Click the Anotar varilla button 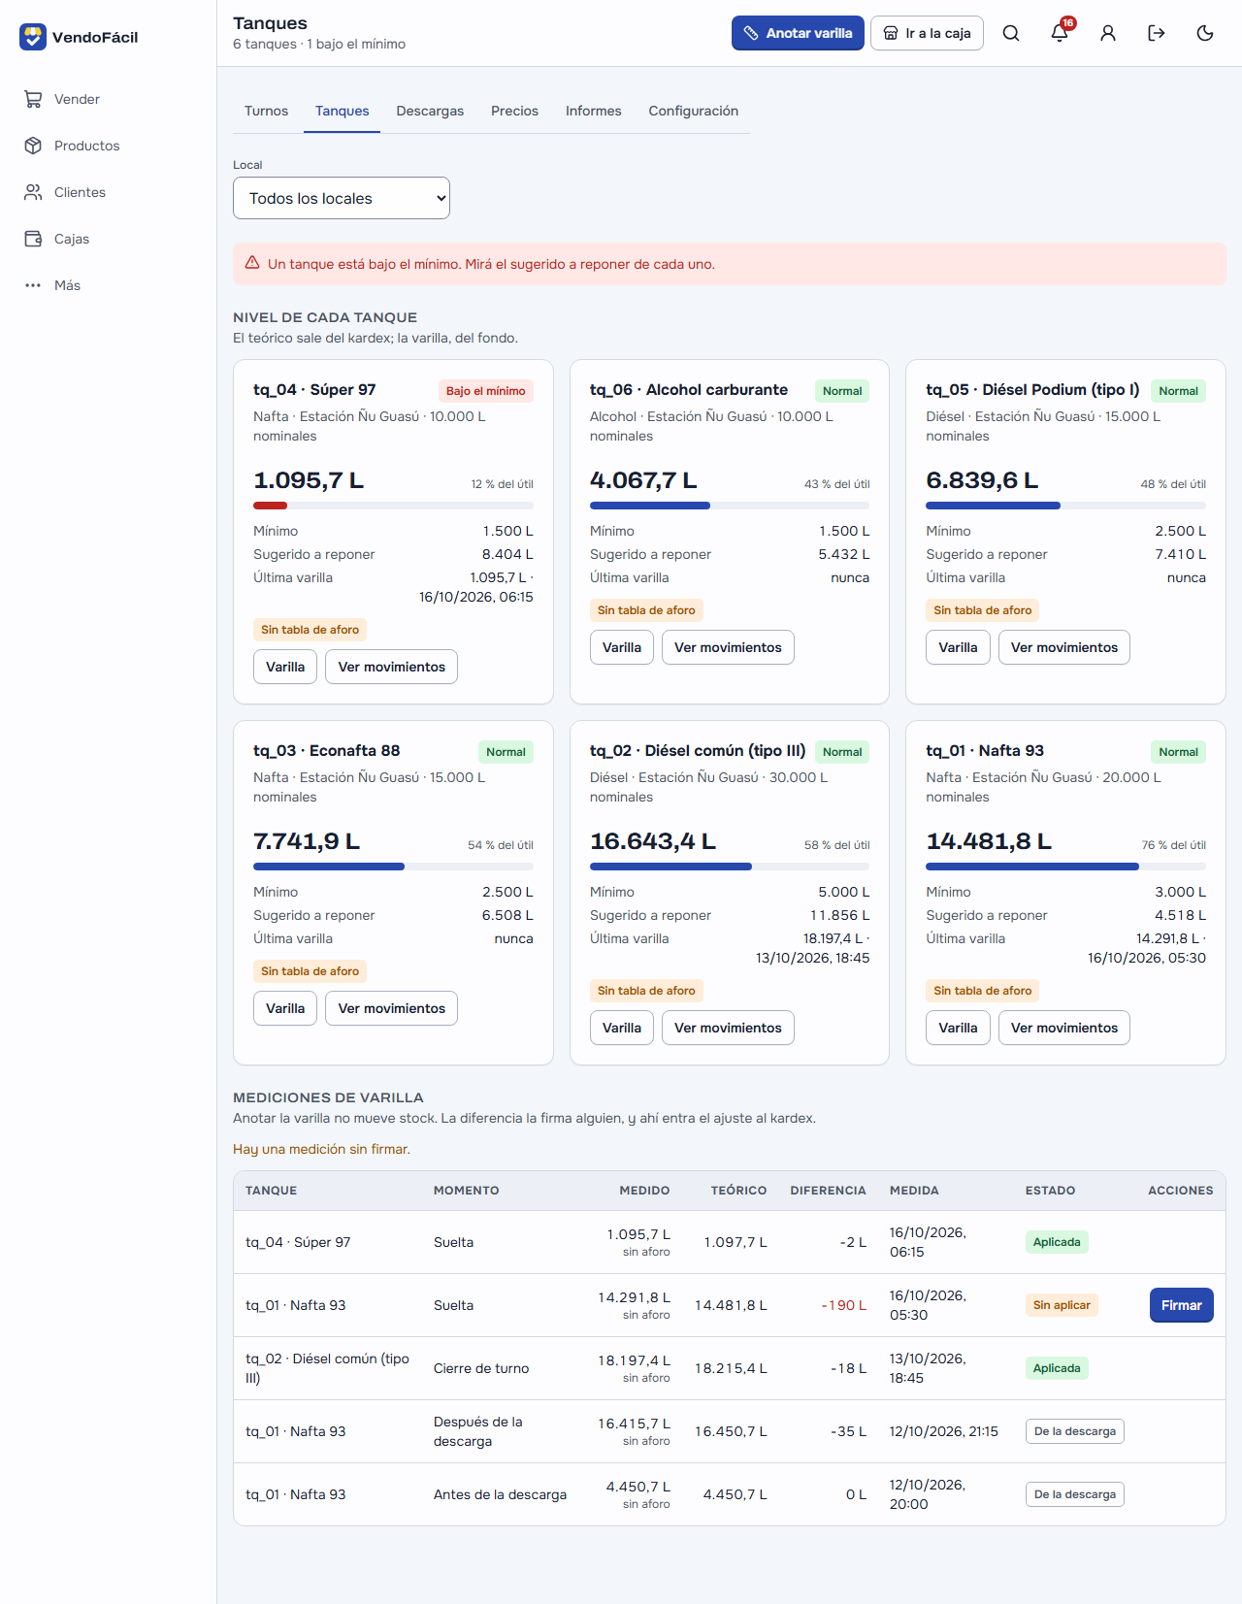(x=797, y=33)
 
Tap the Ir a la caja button (x=926, y=33)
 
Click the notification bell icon (x=1059, y=33)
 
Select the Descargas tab (x=430, y=111)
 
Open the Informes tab (x=593, y=111)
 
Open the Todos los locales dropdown (x=341, y=198)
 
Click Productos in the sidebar (x=86, y=146)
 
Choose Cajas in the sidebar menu (x=72, y=239)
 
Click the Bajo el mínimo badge (x=485, y=390)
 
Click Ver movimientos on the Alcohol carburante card (x=728, y=647)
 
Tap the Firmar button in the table (x=1181, y=1305)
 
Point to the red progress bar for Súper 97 (x=270, y=506)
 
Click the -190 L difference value (x=843, y=1305)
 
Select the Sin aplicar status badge (x=1062, y=1305)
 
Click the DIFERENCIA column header (x=828, y=1190)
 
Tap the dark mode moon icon (x=1204, y=33)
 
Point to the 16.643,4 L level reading (x=652, y=840)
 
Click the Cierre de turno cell (x=481, y=1368)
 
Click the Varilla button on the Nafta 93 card (x=958, y=1028)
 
